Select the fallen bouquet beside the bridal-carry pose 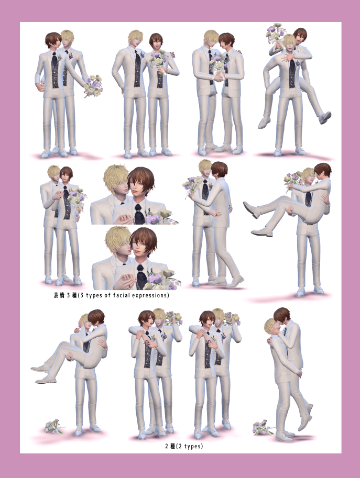[x=54, y=426]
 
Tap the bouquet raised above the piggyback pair [x=276, y=33]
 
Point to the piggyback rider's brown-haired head [x=300, y=36]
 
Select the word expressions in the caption [x=151, y=295]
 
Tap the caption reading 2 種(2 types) [x=184, y=446]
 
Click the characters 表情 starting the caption [x=59, y=295]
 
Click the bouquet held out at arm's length [x=93, y=86]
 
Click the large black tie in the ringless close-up [x=139, y=214]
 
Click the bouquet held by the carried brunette [x=293, y=180]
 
